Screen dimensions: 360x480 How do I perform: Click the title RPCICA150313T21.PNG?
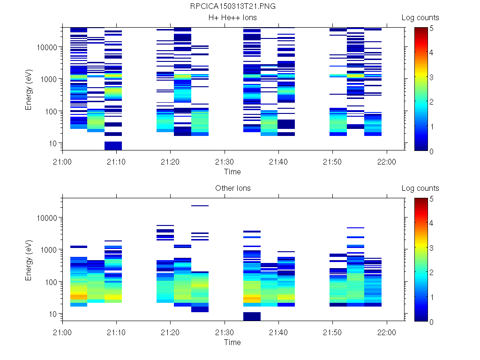tap(232, 7)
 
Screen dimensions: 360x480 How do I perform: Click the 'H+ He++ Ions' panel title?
tap(232, 18)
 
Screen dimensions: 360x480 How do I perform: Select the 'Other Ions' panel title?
tap(232, 188)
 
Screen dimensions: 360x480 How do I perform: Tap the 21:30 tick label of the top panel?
tap(225, 161)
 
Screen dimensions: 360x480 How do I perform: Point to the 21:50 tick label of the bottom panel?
tap(332, 332)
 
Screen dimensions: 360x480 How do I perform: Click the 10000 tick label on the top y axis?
tap(47, 47)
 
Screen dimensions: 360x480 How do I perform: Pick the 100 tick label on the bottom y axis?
tap(51, 282)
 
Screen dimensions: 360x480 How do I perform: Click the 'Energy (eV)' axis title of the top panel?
tap(29, 89)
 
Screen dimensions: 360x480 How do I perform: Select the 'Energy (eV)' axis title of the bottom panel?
tap(29, 260)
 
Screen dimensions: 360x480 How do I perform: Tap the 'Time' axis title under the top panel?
tap(232, 172)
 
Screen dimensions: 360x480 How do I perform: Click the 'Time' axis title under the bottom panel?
tap(232, 342)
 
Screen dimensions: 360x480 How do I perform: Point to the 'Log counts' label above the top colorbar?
tap(420, 18)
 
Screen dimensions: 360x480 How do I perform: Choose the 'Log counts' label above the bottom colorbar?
tap(420, 188)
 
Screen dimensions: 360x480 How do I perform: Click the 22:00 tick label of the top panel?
tap(386, 161)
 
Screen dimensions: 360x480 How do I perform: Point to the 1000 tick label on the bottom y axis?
tap(49, 250)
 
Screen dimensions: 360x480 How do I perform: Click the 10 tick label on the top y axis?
tap(52, 143)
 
